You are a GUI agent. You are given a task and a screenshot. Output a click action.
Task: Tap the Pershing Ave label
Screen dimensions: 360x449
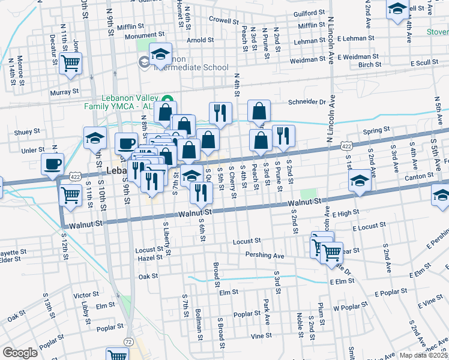click(264, 255)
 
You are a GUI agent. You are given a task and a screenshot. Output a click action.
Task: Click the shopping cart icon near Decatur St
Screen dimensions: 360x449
click(71, 62)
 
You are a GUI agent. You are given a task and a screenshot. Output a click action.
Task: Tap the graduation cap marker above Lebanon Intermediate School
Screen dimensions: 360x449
click(160, 55)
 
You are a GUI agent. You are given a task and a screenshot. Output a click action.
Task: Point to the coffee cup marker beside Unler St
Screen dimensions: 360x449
click(53, 163)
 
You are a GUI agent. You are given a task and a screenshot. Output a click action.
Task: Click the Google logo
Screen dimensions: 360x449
click(20, 353)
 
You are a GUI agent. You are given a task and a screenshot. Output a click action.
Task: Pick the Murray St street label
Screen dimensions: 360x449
click(64, 92)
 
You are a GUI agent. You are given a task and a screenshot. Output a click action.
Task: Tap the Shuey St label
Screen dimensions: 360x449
click(28, 131)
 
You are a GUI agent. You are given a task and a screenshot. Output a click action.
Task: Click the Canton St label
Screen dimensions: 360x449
click(419, 176)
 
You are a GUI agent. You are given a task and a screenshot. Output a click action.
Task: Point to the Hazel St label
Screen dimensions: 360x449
click(150, 257)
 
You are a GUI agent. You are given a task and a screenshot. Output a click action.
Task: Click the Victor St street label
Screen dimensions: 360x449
click(86, 295)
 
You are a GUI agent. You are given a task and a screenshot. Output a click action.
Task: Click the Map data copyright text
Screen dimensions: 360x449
click(425, 355)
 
